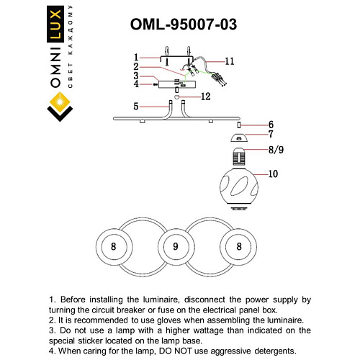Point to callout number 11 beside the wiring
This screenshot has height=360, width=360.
coord(229,61)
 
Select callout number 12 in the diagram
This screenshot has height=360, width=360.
coord(206,96)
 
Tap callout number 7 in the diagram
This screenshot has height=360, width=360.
coord(271,135)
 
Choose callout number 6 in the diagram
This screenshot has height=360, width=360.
coord(271,124)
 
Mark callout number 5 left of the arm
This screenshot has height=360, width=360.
coord(135,107)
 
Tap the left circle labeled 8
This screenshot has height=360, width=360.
coord(113,246)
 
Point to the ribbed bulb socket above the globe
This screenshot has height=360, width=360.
coord(238,154)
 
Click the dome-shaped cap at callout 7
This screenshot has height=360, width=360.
coord(238,136)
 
